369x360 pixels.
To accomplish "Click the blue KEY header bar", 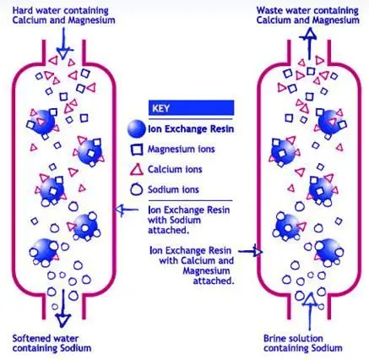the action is (191, 107).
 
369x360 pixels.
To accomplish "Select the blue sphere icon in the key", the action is (137, 128).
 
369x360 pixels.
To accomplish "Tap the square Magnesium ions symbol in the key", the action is (137, 150).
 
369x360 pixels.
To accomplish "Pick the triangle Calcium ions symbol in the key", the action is (137, 169).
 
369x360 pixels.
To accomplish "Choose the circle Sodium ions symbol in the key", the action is (137, 189).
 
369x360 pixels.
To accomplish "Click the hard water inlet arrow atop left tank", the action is (63, 43).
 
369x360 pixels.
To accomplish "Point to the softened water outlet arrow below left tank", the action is (62, 308).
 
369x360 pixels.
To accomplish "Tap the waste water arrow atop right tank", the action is (310, 43).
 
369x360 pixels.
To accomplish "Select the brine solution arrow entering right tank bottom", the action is (310, 311).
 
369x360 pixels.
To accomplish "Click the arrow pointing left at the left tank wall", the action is (127, 210).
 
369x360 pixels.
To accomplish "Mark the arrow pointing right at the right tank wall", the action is (250, 251).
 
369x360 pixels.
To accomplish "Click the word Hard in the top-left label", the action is (22, 11).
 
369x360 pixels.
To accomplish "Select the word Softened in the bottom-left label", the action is (30, 338).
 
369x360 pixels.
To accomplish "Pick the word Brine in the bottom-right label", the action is (274, 338).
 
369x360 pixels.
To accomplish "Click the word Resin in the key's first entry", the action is (222, 128).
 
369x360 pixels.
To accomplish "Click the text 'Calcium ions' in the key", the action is (175, 169).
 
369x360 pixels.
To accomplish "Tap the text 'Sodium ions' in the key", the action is (173, 189).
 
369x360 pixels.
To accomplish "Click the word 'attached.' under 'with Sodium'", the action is (168, 230).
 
